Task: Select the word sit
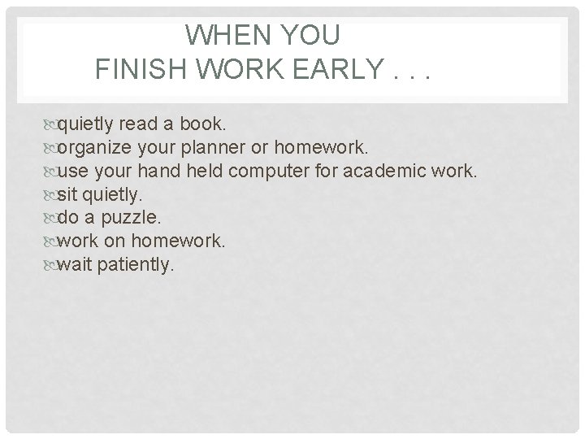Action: click(68, 195)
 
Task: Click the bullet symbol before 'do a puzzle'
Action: click(51, 218)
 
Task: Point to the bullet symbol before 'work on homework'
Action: click(51, 241)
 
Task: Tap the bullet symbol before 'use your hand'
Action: click(51, 172)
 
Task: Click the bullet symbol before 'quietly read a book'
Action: click(51, 124)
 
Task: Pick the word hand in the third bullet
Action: click(159, 172)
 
